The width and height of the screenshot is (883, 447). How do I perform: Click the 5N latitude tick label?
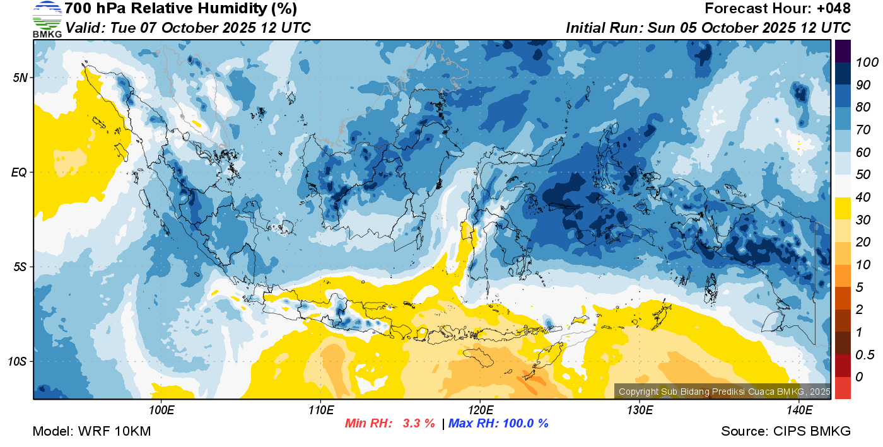(x=20, y=78)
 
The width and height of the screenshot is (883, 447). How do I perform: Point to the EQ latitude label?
(x=19, y=172)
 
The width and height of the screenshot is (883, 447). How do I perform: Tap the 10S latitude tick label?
(x=17, y=361)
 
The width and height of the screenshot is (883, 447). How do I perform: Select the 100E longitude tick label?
(x=161, y=410)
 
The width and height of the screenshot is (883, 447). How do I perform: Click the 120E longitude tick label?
(x=481, y=410)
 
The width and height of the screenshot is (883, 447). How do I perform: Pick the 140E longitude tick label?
(x=799, y=410)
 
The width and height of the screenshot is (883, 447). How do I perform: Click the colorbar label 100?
(x=867, y=62)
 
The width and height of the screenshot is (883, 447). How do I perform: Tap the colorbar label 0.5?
(x=865, y=355)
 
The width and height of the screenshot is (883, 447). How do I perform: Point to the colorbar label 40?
(x=863, y=197)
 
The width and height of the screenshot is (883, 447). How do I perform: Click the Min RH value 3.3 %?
(x=419, y=423)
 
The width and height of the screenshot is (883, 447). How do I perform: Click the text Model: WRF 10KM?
(x=91, y=431)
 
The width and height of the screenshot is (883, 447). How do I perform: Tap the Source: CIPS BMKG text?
(x=786, y=431)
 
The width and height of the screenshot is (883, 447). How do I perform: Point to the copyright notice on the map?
(x=724, y=392)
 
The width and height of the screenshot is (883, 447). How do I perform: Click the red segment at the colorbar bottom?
(x=843, y=388)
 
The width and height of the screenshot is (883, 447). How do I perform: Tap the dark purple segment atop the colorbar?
(x=843, y=51)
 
